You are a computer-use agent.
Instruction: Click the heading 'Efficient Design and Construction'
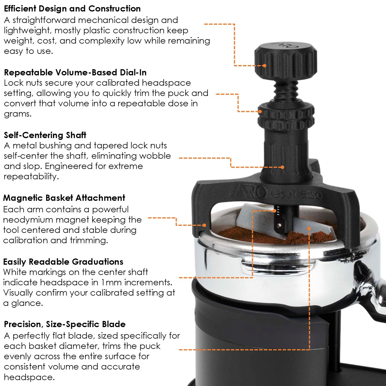point(72,9)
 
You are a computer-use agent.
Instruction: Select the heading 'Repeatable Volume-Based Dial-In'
point(75,72)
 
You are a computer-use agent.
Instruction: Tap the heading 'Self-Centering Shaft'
point(45,135)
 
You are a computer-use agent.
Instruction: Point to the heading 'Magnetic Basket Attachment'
point(64,198)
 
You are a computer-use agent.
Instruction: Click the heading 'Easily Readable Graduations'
point(63,262)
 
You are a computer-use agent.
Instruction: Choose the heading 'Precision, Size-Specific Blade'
point(65,324)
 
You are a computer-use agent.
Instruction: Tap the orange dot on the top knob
point(264,66)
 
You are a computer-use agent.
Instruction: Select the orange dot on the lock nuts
point(260,112)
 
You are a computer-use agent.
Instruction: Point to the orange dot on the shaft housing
point(282,167)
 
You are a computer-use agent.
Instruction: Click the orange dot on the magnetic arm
point(204,225)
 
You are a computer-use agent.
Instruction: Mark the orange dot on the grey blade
point(309,228)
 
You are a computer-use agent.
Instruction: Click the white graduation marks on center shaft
point(277,210)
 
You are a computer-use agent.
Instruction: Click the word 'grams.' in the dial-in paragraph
point(18,114)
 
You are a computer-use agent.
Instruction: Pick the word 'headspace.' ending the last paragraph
point(29,377)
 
